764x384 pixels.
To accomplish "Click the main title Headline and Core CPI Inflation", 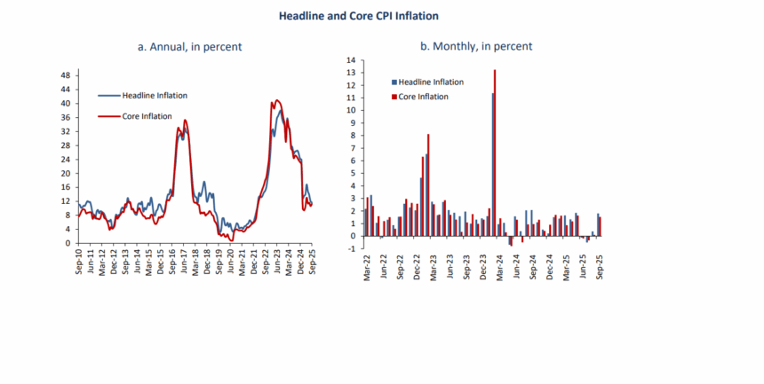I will point(358,16).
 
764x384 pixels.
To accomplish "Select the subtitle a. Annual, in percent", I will point(190,46).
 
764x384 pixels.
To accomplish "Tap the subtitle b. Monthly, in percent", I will point(477,46).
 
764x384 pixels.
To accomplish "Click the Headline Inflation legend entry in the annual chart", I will point(155,95).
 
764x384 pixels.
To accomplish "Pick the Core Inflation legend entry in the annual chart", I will point(148,116).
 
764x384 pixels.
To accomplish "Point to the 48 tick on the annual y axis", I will point(66,75).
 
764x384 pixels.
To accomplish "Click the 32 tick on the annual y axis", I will point(66,131).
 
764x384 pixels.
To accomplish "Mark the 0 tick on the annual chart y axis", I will point(68,243).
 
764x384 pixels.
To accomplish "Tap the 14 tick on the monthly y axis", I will point(351,60).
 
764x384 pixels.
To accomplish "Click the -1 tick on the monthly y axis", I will point(352,248).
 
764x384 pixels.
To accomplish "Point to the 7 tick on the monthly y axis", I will point(354,148).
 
